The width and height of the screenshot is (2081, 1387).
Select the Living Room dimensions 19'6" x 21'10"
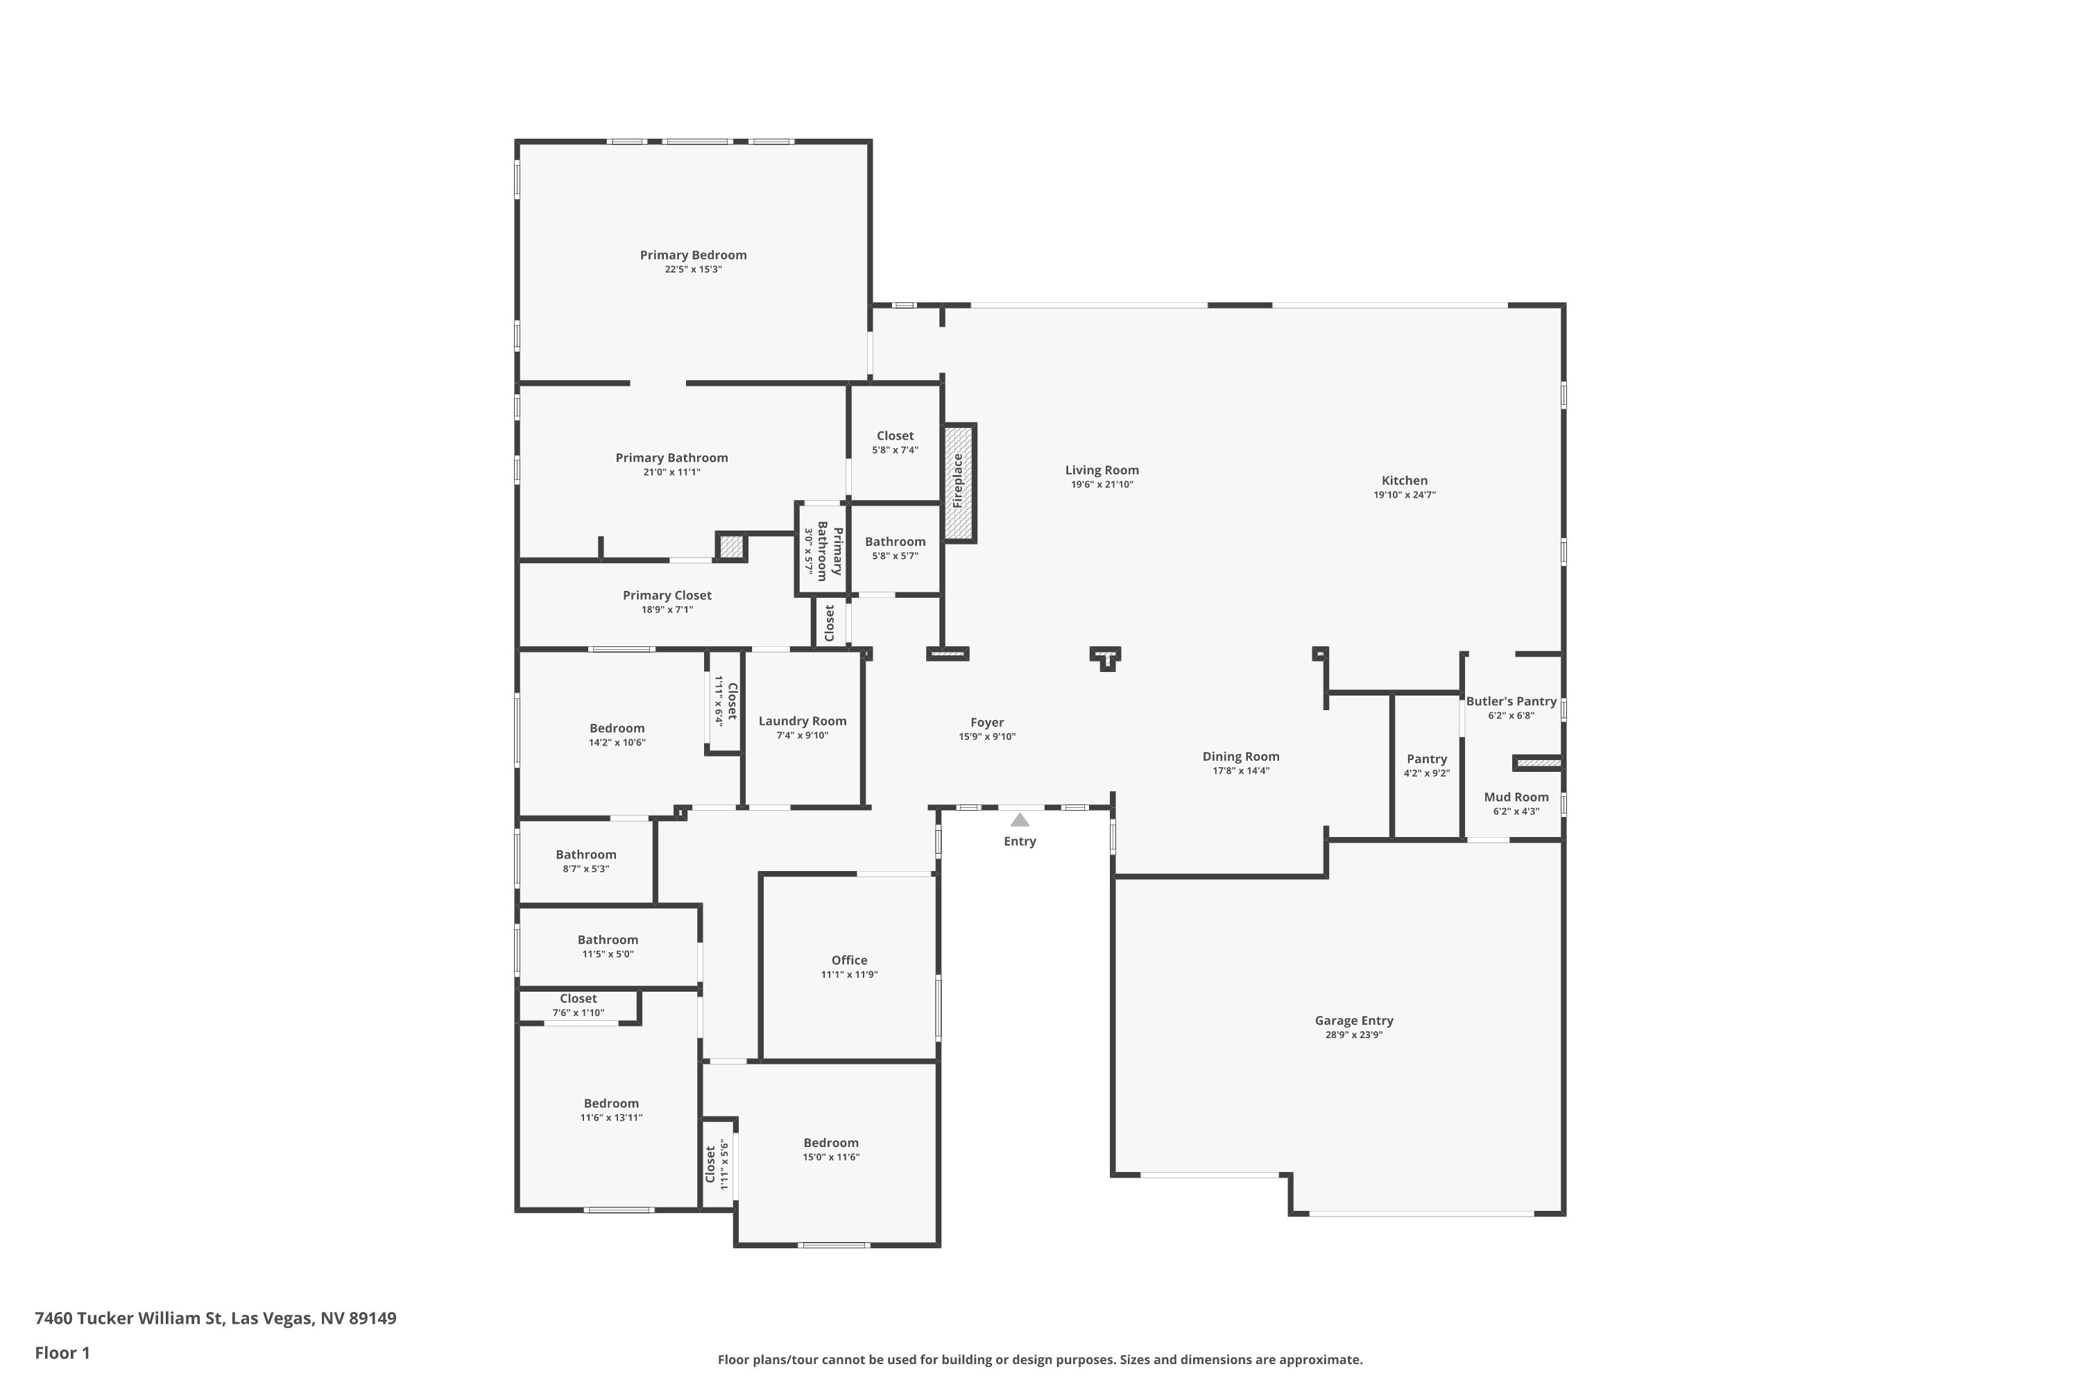[1102, 485]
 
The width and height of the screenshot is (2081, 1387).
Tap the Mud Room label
[1516, 797]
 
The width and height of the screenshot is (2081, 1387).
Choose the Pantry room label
[1426, 759]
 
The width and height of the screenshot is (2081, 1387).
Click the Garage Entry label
[1354, 1021]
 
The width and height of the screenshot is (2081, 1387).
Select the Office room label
[848, 960]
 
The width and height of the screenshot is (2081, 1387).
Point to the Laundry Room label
[802, 721]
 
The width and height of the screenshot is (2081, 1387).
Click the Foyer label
[986, 723]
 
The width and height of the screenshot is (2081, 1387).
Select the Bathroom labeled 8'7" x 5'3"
[585, 854]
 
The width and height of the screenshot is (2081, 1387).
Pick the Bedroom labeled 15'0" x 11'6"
[831, 1143]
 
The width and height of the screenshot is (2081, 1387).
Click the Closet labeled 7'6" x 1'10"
[578, 999]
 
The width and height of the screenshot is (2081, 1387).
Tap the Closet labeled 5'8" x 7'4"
[895, 436]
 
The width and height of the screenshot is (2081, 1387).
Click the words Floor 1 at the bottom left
[62, 1352]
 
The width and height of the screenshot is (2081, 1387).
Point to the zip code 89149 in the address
[372, 1318]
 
